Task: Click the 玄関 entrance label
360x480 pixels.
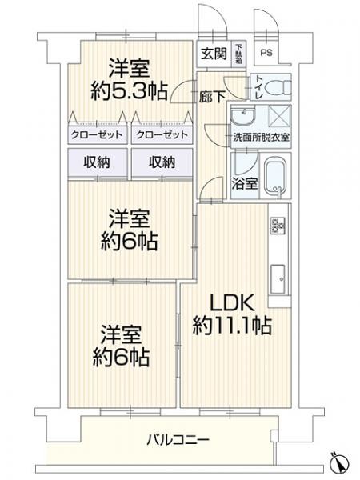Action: (x=214, y=54)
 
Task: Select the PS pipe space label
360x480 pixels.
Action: (x=266, y=54)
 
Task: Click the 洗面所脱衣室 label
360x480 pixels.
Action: (x=261, y=137)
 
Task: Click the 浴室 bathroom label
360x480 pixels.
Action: (x=245, y=183)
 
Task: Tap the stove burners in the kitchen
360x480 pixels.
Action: (x=279, y=227)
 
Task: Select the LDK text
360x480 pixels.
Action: (x=231, y=303)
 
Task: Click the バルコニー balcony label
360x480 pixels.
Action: (x=179, y=439)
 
